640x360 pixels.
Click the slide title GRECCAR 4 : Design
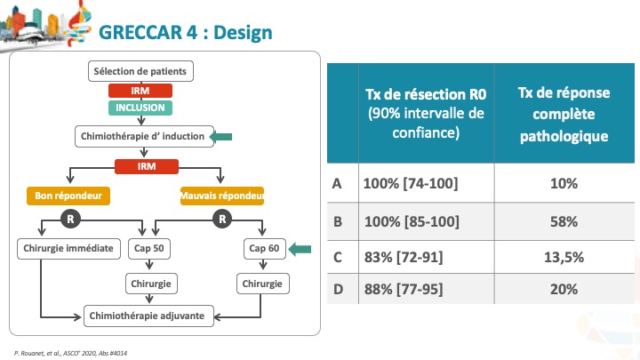point(185,32)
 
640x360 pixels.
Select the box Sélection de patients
point(140,71)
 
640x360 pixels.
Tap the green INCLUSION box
point(140,108)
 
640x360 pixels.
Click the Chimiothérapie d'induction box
point(144,136)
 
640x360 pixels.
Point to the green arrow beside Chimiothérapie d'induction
point(220,136)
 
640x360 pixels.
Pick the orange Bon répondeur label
point(68,196)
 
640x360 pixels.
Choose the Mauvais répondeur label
point(222,196)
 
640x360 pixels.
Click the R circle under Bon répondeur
point(70,220)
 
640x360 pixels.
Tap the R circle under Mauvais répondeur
point(222,220)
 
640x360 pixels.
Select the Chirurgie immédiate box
point(68,249)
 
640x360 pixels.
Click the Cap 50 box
point(149,249)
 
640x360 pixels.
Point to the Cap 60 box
point(265,249)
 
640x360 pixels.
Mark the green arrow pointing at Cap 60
point(300,249)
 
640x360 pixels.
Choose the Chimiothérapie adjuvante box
point(148,316)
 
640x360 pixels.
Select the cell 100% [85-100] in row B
point(412,221)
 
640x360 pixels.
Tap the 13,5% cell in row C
point(564,257)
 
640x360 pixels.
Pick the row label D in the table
point(338,290)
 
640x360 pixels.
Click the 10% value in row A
point(564,184)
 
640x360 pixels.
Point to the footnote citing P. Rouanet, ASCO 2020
point(70,353)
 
